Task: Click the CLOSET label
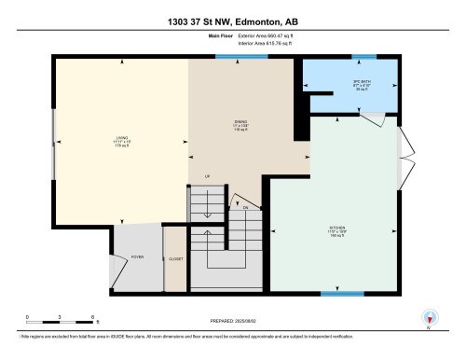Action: [174, 258]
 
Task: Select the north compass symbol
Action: [428, 318]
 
